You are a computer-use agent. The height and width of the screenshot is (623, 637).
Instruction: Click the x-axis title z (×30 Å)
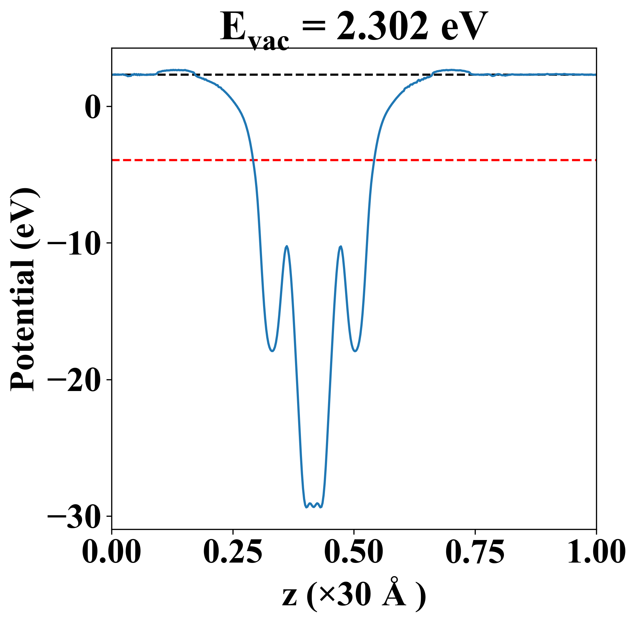point(354,597)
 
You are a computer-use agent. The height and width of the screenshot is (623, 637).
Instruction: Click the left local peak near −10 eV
point(287,246)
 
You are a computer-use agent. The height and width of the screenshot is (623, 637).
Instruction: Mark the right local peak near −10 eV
point(341,247)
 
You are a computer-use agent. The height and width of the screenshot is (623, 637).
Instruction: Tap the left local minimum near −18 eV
point(272,351)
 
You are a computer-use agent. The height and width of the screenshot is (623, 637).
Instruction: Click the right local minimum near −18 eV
point(355,351)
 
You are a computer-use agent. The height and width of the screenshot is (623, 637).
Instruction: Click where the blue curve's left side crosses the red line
point(254,160)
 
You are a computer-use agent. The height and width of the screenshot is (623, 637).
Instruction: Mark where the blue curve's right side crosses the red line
point(374,160)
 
